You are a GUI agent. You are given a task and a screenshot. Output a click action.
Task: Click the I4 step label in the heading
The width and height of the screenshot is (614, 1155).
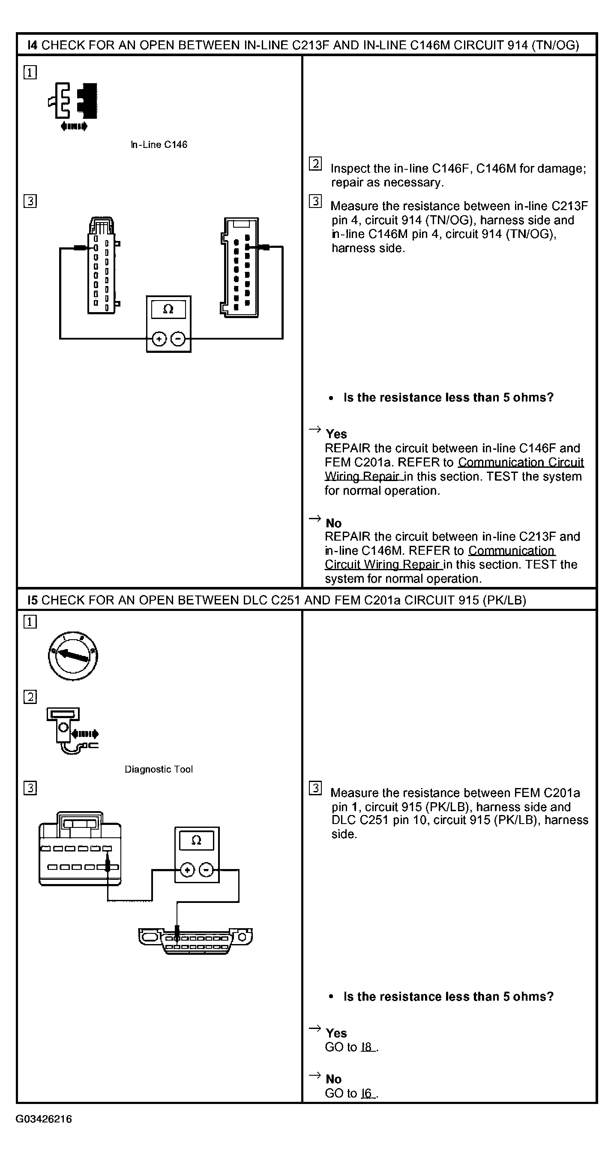coord(33,45)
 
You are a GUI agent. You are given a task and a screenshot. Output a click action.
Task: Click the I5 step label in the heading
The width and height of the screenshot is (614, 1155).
coord(33,600)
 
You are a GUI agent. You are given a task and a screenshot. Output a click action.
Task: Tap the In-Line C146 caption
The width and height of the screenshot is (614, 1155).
coord(159,145)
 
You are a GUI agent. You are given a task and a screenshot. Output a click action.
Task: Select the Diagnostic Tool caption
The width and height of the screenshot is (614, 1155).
coord(159,770)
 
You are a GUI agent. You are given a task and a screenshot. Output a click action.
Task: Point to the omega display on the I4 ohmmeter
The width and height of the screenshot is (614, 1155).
coord(168,310)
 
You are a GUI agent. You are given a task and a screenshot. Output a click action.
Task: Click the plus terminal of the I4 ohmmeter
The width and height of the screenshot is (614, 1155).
coord(159,339)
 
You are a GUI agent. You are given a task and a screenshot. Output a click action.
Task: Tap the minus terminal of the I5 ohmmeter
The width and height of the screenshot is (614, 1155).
coord(206,870)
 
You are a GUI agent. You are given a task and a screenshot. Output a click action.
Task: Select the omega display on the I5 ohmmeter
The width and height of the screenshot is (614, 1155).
coord(196,840)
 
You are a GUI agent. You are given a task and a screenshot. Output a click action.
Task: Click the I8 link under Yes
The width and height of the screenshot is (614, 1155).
coord(367,1047)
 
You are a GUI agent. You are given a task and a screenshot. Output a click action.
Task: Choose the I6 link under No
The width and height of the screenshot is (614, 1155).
coord(367,1093)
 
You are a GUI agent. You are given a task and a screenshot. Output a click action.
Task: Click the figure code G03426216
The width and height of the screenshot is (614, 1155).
coord(43,1119)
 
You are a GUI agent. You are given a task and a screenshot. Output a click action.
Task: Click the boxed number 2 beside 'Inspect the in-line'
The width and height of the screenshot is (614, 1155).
coord(315,164)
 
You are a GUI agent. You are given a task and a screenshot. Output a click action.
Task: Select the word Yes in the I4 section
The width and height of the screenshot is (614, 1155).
coord(336,434)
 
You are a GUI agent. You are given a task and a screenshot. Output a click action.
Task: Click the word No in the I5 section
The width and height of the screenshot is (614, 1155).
coord(333,1079)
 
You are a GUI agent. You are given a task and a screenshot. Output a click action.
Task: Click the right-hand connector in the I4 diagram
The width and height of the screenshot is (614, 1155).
coord(240,268)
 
